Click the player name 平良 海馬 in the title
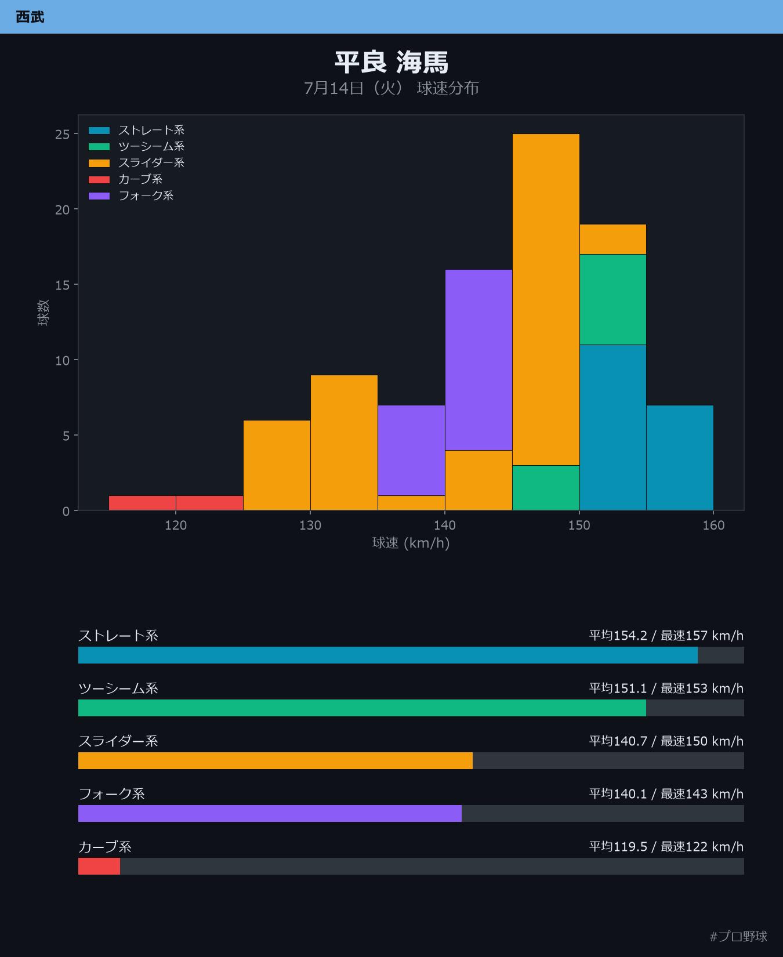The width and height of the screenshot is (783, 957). click(391, 62)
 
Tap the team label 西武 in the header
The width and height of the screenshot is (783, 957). click(30, 17)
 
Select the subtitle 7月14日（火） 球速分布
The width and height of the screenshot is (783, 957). click(391, 88)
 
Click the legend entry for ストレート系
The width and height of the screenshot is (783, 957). click(136, 130)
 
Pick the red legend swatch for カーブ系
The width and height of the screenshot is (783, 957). click(99, 179)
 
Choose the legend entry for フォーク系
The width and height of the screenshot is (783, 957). click(131, 195)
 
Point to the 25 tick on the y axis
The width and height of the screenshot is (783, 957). click(62, 135)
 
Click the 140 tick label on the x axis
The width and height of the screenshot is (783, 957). click(445, 525)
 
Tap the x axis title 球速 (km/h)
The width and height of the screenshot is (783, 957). click(411, 543)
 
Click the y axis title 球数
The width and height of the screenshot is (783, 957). click(43, 313)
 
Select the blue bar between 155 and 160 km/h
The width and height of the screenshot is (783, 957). click(680, 458)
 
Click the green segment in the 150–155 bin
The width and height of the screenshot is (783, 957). click(613, 299)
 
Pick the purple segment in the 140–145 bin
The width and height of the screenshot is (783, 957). click(478, 360)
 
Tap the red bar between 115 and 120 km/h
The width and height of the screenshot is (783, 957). click(142, 503)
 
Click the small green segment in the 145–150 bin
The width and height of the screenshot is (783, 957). click(546, 488)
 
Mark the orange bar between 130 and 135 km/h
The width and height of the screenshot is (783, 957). click(344, 443)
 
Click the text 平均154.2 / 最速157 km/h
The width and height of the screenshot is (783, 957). click(666, 636)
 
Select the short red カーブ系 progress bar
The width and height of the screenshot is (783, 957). click(99, 866)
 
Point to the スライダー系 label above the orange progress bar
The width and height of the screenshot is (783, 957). click(118, 741)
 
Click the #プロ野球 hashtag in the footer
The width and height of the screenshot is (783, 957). click(738, 936)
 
